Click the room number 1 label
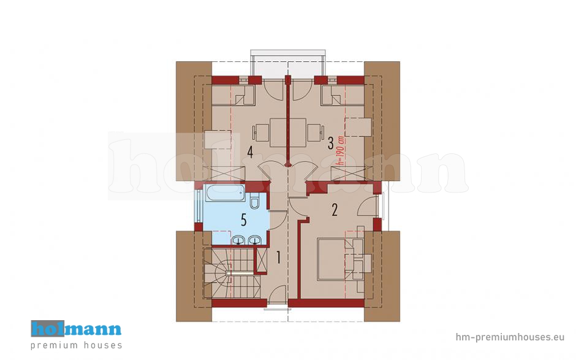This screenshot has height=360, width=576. [x=278, y=258]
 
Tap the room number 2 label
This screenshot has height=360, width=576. [x=335, y=210]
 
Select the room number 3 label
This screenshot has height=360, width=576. [x=331, y=144]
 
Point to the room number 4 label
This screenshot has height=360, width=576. [x=250, y=152]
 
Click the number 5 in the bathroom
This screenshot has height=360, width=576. [x=243, y=220]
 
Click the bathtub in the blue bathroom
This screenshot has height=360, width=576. [x=225, y=193]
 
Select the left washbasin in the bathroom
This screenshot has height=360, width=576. [x=239, y=240]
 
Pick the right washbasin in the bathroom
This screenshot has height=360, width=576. [x=254, y=240]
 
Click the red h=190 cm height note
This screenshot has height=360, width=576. [x=341, y=150]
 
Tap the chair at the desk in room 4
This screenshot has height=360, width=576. [x=261, y=133]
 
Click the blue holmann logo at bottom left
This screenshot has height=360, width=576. [x=76, y=328]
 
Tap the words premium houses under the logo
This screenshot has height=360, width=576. [x=77, y=345]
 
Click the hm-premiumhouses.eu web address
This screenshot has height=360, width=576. [x=510, y=337]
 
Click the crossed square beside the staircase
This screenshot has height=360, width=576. [x=262, y=261]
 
